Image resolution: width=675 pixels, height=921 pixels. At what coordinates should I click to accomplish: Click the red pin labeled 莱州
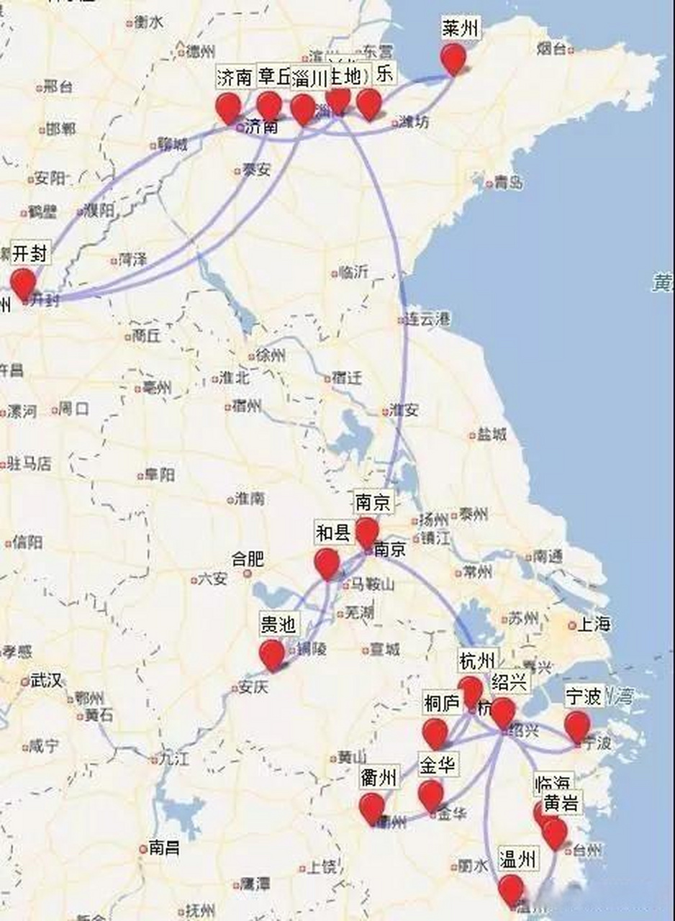pyautogui.click(x=453, y=58)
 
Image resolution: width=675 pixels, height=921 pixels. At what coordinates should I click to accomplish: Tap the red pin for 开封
pyautogui.click(x=23, y=282)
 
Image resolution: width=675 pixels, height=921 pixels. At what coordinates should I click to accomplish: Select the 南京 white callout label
pyautogui.click(x=373, y=502)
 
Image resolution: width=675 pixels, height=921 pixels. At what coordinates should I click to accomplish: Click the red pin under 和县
pyautogui.click(x=327, y=562)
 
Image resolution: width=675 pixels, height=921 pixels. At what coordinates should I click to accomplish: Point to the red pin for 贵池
pyautogui.click(x=272, y=654)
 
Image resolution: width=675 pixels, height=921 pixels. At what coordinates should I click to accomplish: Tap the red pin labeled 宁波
pyautogui.click(x=577, y=725)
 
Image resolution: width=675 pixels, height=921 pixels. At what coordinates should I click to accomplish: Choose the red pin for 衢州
pyautogui.click(x=372, y=807)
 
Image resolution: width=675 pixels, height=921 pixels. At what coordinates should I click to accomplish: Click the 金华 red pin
pyautogui.click(x=431, y=794)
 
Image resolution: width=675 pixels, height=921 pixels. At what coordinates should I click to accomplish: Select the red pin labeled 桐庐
pyautogui.click(x=435, y=732)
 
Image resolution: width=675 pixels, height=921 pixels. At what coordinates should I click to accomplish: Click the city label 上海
pyautogui.click(x=594, y=624)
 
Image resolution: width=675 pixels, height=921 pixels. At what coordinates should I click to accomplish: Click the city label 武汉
pyautogui.click(x=45, y=680)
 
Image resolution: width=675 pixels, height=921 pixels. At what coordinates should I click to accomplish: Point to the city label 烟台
pyautogui.click(x=552, y=49)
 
